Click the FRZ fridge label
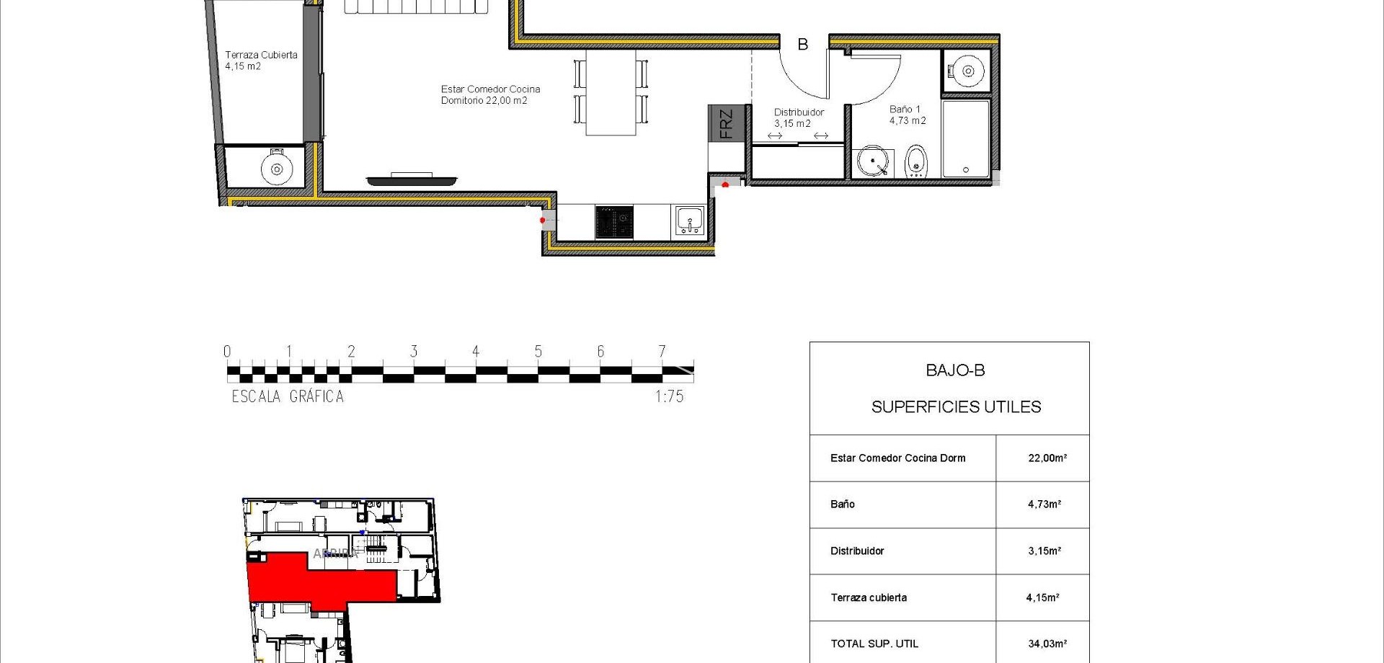[726, 123]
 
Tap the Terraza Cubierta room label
[260, 60]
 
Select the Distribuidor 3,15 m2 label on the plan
[798, 117]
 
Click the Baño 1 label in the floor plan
[907, 115]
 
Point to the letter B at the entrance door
[802, 45]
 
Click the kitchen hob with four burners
[614, 222]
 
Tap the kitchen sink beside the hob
[690, 221]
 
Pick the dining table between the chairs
[611, 92]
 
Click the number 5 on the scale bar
[538, 352]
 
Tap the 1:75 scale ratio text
[669, 396]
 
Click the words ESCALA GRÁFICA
[288, 396]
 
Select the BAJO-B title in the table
[955, 370]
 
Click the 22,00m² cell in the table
[1047, 458]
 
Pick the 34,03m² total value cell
[1047, 644]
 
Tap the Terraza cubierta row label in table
[869, 597]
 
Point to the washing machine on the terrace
[276, 169]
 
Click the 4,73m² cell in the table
[1044, 504]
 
